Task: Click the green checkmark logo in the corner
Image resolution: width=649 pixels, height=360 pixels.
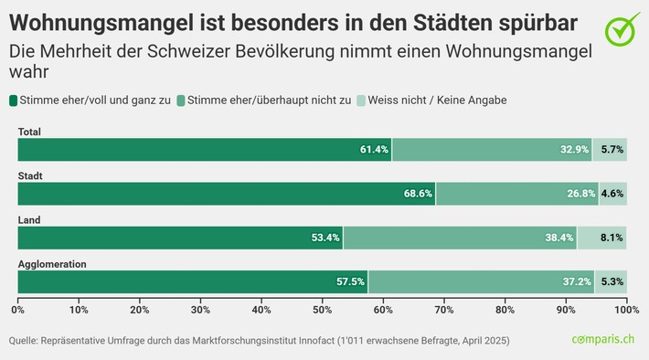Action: pos(622,29)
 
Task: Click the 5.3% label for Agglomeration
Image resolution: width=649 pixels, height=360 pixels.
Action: pos(612,282)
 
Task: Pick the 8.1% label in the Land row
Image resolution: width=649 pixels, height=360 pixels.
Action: pos(612,238)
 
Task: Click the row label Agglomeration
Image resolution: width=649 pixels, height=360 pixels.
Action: pos(52,264)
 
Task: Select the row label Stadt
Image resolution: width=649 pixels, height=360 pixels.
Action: pos(31,175)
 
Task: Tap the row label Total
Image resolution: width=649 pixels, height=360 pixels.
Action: pos(30,132)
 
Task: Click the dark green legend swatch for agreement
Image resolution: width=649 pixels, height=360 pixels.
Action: pos(14,100)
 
